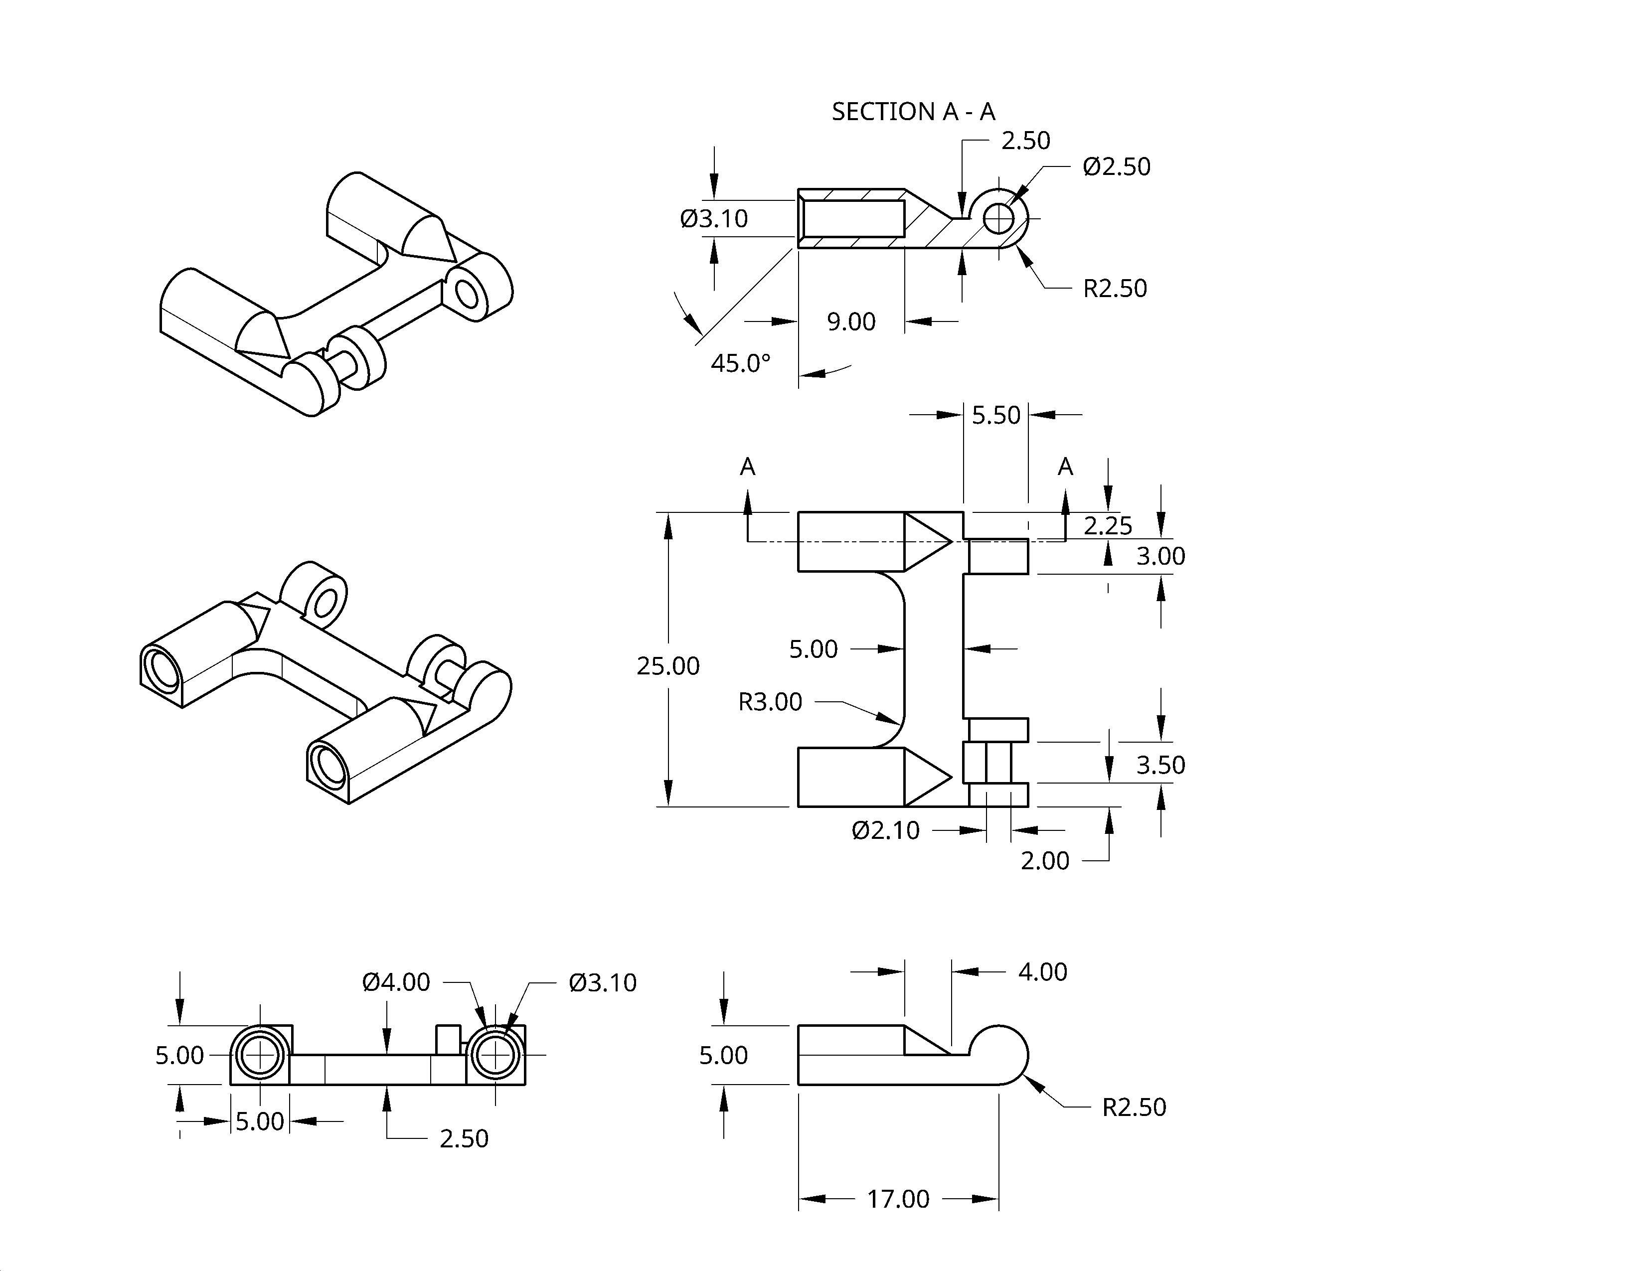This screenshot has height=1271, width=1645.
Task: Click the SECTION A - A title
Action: coord(913,112)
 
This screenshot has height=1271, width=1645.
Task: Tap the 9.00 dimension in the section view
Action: coord(851,321)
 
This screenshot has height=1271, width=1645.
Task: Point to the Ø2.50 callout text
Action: coord(1116,166)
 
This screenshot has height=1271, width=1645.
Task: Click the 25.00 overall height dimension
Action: coord(668,665)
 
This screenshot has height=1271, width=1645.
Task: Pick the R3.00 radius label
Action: coord(770,702)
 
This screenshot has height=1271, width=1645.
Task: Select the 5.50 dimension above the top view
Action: coord(996,415)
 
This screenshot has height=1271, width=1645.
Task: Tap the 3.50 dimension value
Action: coord(1160,765)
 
